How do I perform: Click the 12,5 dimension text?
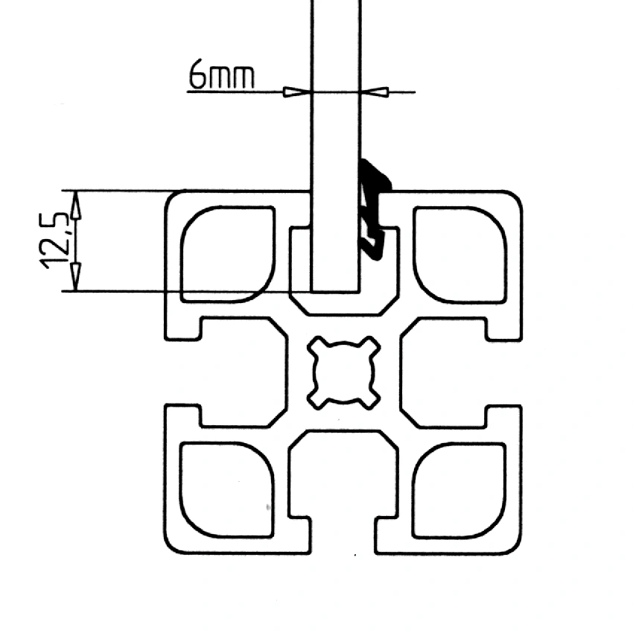pyautogui.click(x=58, y=240)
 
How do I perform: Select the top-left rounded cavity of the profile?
pyautogui.click(x=226, y=253)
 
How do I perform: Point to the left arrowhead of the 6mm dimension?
pyautogui.click(x=297, y=92)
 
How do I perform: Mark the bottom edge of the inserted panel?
pyautogui.click(x=336, y=290)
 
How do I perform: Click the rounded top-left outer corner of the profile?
pyautogui.click(x=171, y=198)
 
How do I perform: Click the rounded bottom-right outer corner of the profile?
pyautogui.click(x=515, y=547)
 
